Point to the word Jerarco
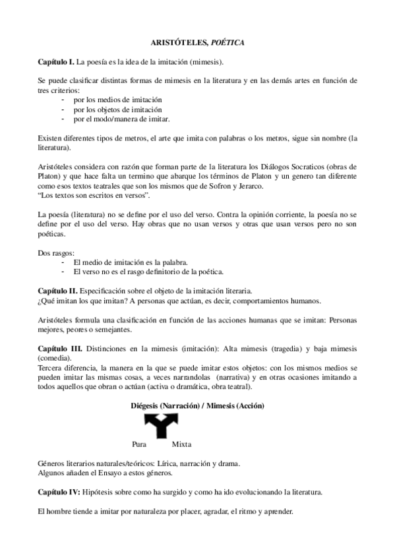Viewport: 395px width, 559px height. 247,187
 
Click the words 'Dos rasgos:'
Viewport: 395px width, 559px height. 55,253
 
